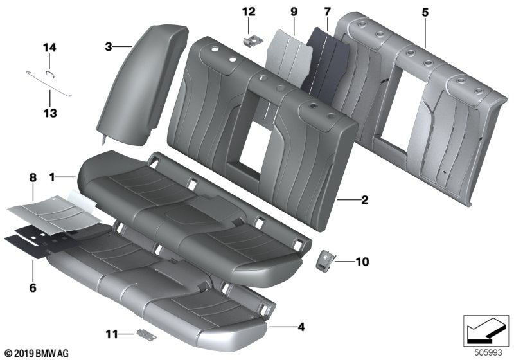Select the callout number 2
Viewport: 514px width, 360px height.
click(x=364, y=200)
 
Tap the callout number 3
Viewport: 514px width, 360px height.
click(x=109, y=46)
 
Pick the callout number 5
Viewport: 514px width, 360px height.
click(x=424, y=12)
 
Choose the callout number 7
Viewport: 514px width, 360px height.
click(x=327, y=12)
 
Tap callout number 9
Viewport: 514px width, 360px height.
click(x=294, y=12)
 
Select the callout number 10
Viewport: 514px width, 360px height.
click(x=362, y=262)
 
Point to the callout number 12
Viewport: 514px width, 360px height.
click(x=249, y=12)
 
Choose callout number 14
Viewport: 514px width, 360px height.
click(x=50, y=47)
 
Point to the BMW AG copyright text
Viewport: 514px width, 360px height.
click(x=35, y=353)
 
